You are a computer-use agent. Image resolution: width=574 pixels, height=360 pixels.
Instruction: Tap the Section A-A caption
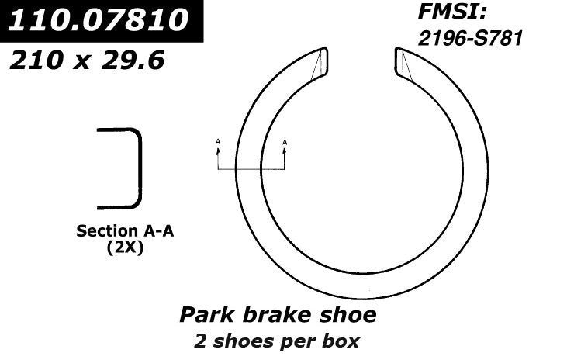[x=124, y=231]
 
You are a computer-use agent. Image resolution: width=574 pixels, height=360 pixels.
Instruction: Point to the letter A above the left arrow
[x=218, y=141]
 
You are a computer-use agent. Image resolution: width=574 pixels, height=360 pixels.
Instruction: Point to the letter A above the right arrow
[x=285, y=141]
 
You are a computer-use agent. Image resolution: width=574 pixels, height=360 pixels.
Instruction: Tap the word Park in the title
[x=206, y=315]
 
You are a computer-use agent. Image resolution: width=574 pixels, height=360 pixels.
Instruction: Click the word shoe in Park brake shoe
[x=348, y=315]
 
